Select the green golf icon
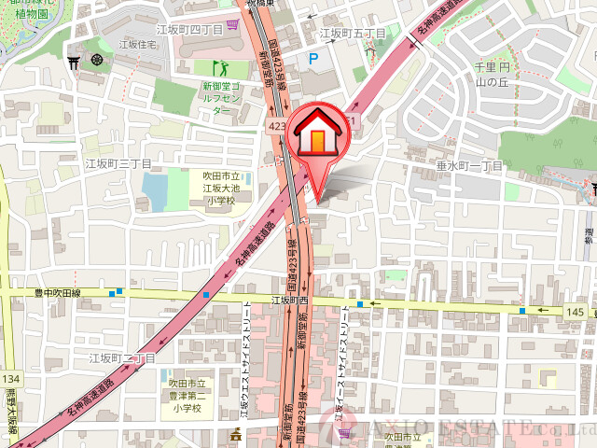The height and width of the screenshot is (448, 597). click(x=221, y=67)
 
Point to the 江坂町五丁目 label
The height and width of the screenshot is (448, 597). click(x=353, y=34)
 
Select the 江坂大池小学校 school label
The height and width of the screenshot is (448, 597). click(x=222, y=188)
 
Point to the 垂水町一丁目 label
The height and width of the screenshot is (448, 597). click(x=469, y=165)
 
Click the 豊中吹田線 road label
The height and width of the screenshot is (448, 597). click(x=58, y=292)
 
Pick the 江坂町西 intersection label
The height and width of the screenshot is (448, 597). click(x=289, y=301)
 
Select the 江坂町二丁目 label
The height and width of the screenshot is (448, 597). click(x=121, y=357)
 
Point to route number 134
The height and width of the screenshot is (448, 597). click(x=10, y=379)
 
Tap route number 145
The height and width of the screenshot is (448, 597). click(x=574, y=311)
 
